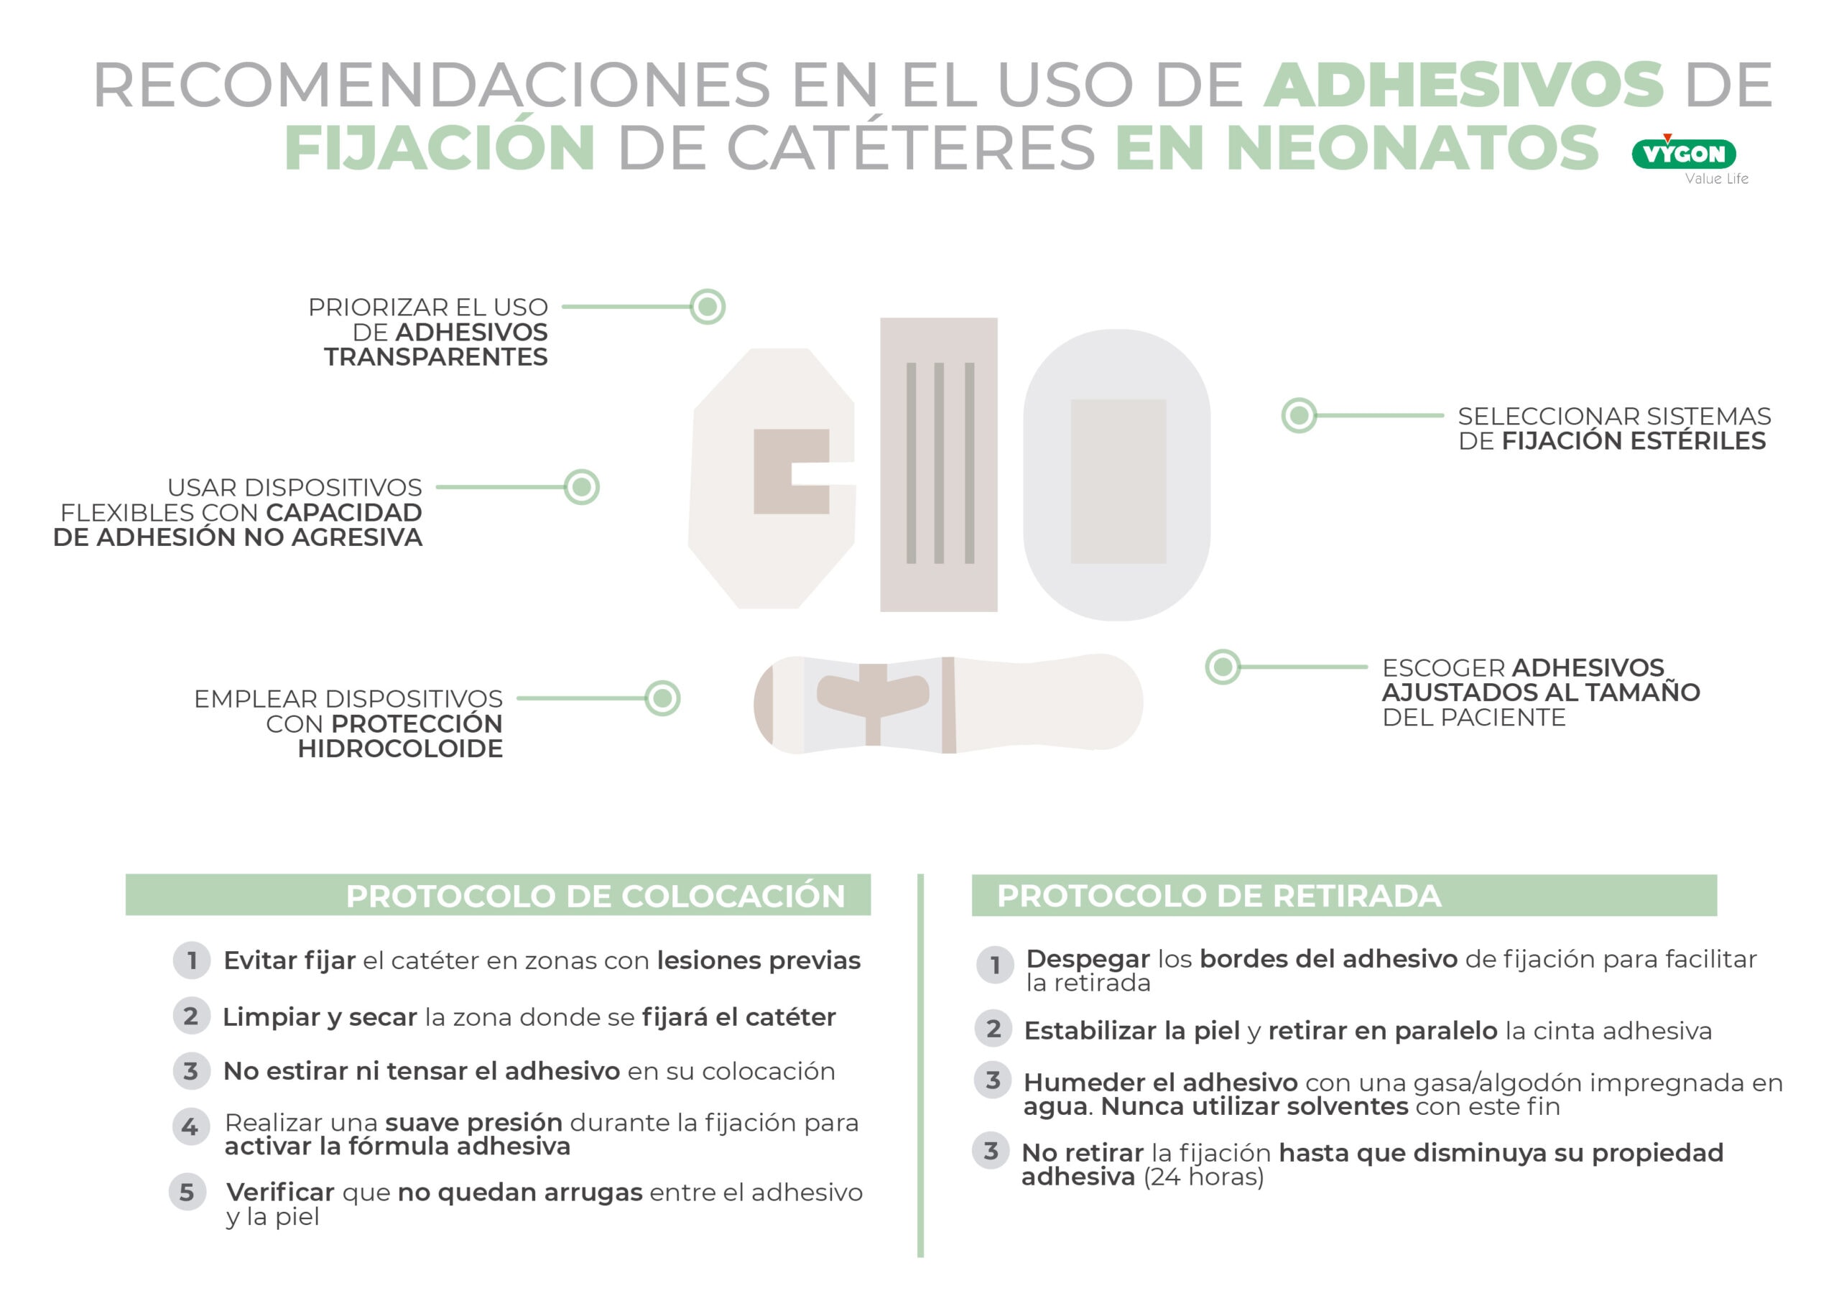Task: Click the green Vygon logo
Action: tap(1684, 154)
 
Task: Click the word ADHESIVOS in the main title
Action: tap(1463, 85)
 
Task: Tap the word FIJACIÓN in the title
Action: tap(440, 148)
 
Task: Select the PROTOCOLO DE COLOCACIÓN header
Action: tap(595, 896)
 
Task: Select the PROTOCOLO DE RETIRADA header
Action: tap(1218, 896)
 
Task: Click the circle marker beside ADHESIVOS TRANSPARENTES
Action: tap(708, 307)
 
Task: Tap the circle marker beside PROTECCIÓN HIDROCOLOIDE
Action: tap(662, 698)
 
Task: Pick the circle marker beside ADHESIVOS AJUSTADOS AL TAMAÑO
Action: tap(1222, 667)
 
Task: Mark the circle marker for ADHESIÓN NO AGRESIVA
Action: tap(581, 487)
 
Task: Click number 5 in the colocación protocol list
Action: tap(187, 1193)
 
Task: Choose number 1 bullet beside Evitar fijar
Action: tap(191, 960)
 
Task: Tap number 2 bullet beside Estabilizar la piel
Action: tap(993, 1029)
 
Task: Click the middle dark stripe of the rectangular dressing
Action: tap(939, 463)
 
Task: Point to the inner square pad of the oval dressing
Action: tap(1118, 481)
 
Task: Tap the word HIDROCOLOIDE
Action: tap(399, 749)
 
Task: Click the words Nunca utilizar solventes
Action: tap(1254, 1107)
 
